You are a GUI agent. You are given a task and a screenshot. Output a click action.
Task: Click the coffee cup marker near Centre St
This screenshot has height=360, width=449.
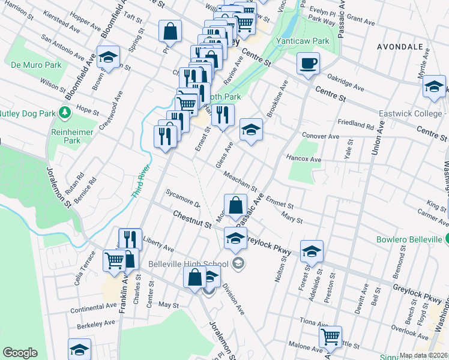coord(308,64)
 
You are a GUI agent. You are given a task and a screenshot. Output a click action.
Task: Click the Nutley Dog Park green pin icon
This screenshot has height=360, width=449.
coord(64,112)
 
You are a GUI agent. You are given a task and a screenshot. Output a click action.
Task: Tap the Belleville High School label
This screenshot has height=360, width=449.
coord(194,264)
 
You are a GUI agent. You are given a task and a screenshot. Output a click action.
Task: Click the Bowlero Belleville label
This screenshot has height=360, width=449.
coord(406,239)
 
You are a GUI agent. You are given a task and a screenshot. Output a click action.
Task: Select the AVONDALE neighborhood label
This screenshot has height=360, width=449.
coord(400,46)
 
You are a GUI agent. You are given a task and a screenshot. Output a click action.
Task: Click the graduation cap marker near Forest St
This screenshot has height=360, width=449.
coord(312,252)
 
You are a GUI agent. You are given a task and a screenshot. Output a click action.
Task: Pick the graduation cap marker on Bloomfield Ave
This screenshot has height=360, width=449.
coord(108,58)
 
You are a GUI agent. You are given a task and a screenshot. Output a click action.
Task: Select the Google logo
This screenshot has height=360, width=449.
coord(20,353)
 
